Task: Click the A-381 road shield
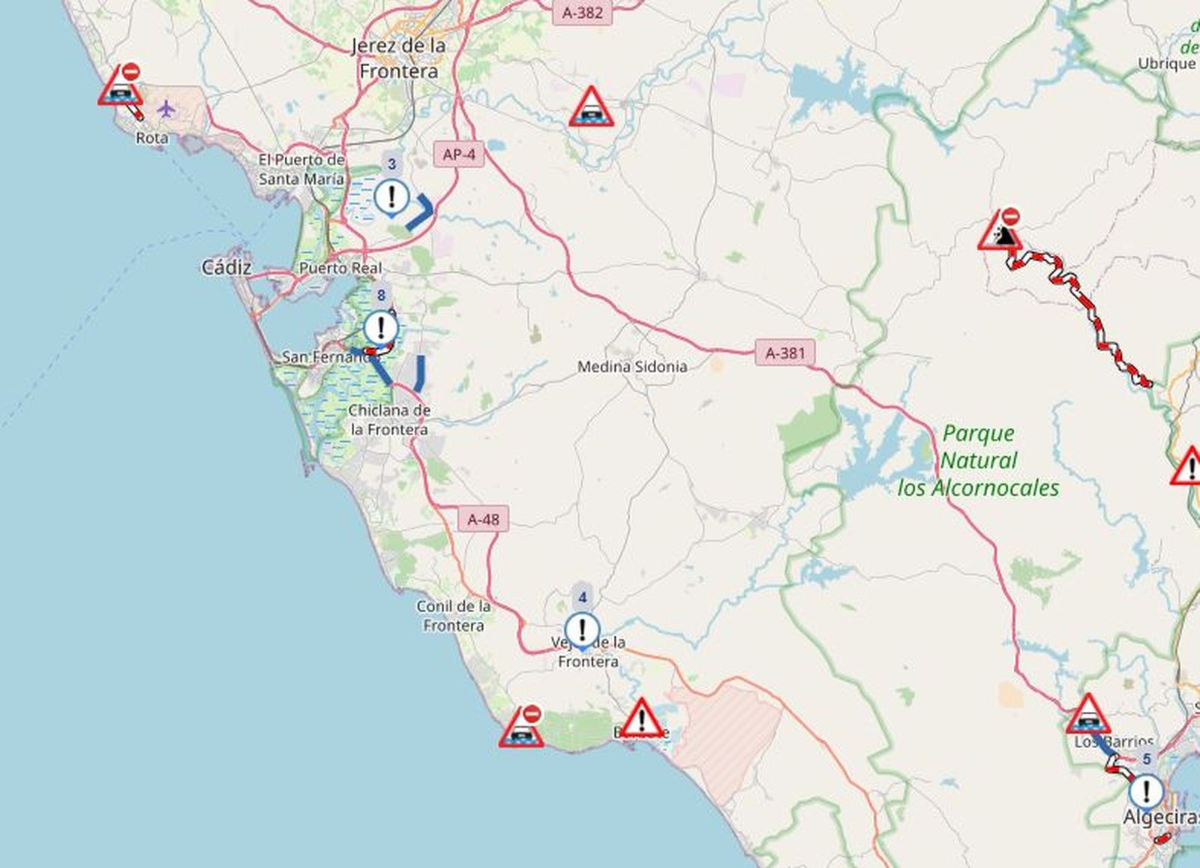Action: [784, 352]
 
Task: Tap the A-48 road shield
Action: [483, 519]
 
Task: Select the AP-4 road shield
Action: [458, 155]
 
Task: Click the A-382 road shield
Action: [582, 13]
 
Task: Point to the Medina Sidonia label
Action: [631, 367]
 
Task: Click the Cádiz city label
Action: [226, 267]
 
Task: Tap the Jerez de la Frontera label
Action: [399, 59]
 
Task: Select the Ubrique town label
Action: [1166, 64]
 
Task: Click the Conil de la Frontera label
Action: [454, 616]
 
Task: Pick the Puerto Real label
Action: [340, 268]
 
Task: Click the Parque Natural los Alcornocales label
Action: [979, 461]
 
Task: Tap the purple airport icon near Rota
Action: [166, 110]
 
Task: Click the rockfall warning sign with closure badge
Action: [1000, 232]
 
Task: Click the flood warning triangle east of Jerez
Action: [591, 107]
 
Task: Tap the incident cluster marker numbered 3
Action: [391, 197]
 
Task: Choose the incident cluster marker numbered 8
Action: [381, 328]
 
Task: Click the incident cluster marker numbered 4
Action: [582, 629]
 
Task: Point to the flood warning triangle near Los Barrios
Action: [1087, 715]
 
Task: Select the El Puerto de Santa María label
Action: [301, 170]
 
